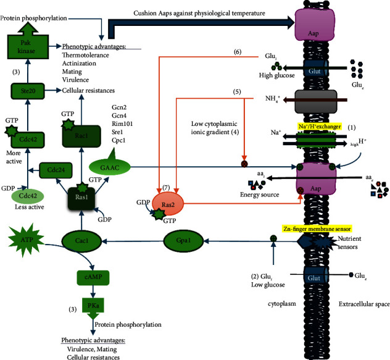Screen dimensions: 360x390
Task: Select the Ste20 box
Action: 25,91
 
